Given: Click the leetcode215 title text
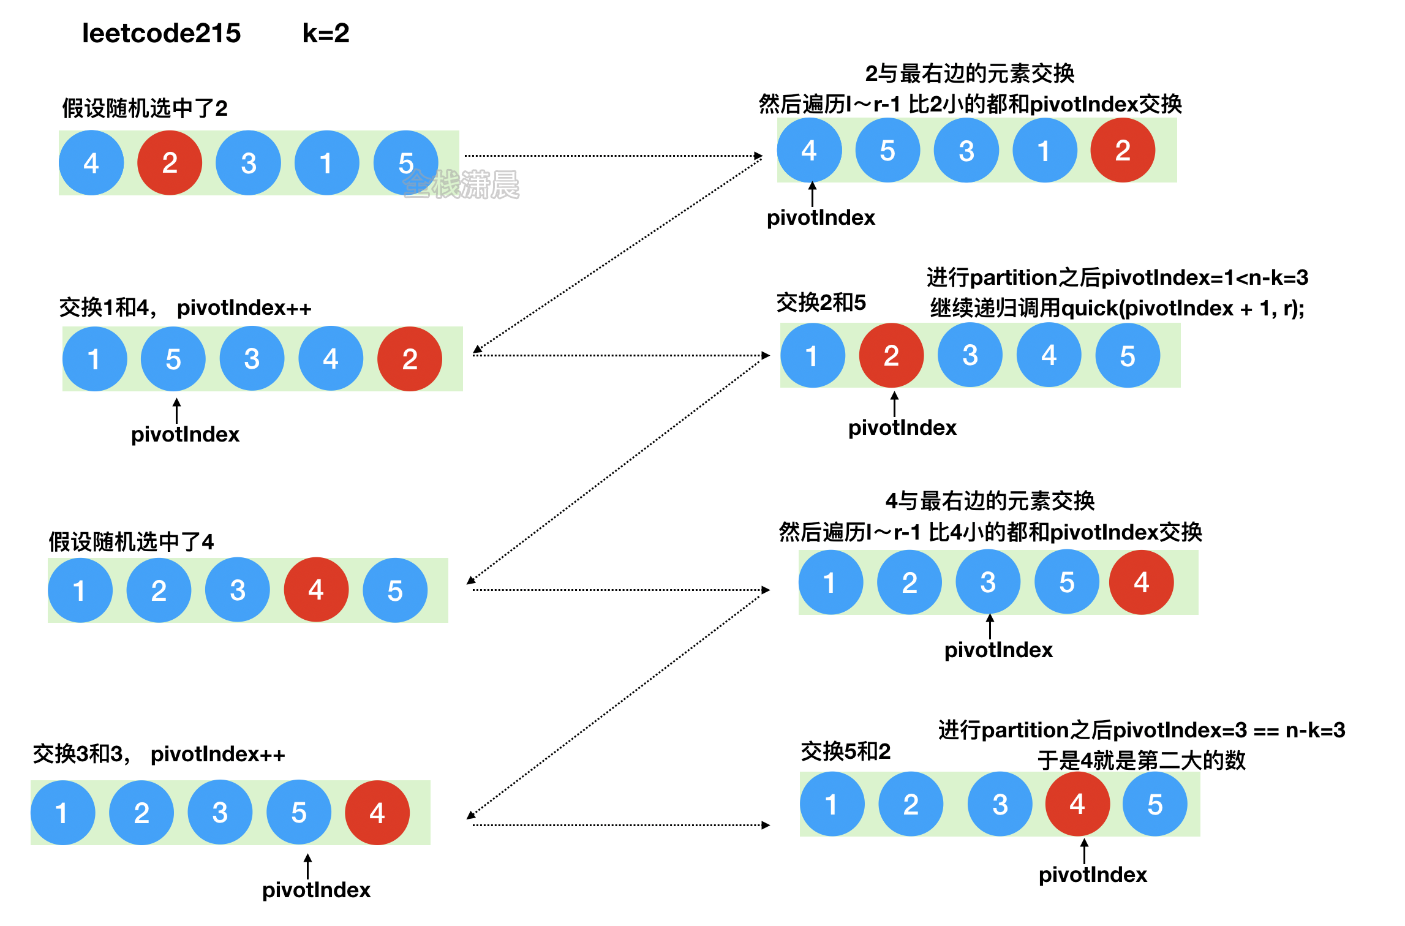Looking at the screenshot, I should (x=161, y=33).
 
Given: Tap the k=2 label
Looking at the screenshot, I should (x=326, y=33).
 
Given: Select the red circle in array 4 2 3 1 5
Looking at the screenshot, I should (x=170, y=163).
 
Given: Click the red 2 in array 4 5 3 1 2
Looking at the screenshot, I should (x=1123, y=151).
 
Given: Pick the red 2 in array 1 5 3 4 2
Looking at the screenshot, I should (x=410, y=359).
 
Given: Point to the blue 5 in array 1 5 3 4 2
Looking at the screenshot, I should (x=173, y=359).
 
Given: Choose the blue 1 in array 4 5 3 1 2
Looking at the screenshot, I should (x=1044, y=151).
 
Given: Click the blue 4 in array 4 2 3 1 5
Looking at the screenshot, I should (x=91, y=163).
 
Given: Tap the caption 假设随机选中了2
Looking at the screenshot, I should (x=145, y=108).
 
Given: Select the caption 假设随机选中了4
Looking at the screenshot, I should (x=131, y=541).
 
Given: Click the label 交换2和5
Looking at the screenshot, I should (x=821, y=303).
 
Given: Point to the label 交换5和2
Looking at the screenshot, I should (x=845, y=751).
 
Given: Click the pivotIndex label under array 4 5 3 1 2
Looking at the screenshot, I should (x=821, y=217).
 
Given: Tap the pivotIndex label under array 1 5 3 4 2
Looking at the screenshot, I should (x=185, y=434).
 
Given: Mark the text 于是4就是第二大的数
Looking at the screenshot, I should (x=1141, y=760).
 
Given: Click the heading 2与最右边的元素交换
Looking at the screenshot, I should (x=970, y=73).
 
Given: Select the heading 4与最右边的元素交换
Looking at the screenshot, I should (x=990, y=501).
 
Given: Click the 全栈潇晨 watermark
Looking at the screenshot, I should (x=461, y=184).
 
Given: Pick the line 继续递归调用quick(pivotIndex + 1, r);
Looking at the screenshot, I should (x=1117, y=308).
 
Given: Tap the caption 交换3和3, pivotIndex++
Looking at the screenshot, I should (x=159, y=754).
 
